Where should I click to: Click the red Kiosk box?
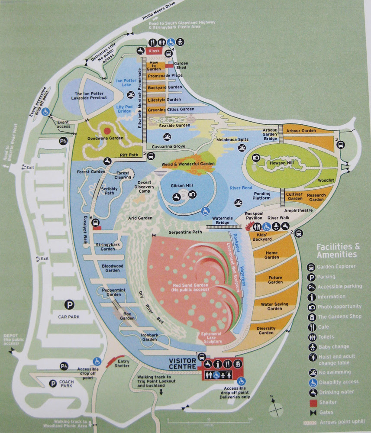pos(154,51)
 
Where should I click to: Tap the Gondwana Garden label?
pos(106,138)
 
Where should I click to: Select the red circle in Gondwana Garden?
pos(107,131)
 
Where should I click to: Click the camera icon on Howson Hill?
pos(256,158)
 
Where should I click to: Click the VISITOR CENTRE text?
pos(182,364)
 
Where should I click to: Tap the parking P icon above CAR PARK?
pos(69,305)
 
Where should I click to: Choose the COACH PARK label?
pos(67,383)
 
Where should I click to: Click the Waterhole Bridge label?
pos(223,220)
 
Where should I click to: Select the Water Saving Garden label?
pos(274,306)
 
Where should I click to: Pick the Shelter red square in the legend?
pos(313,403)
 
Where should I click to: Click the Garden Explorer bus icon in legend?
pos(311,267)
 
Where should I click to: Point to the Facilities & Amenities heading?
pos(338,250)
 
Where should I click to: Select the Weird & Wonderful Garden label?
pos(188,164)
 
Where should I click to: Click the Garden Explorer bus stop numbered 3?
pos(341,145)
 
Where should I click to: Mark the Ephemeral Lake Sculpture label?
pos(211,337)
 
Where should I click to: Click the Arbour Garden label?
pos(301,131)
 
